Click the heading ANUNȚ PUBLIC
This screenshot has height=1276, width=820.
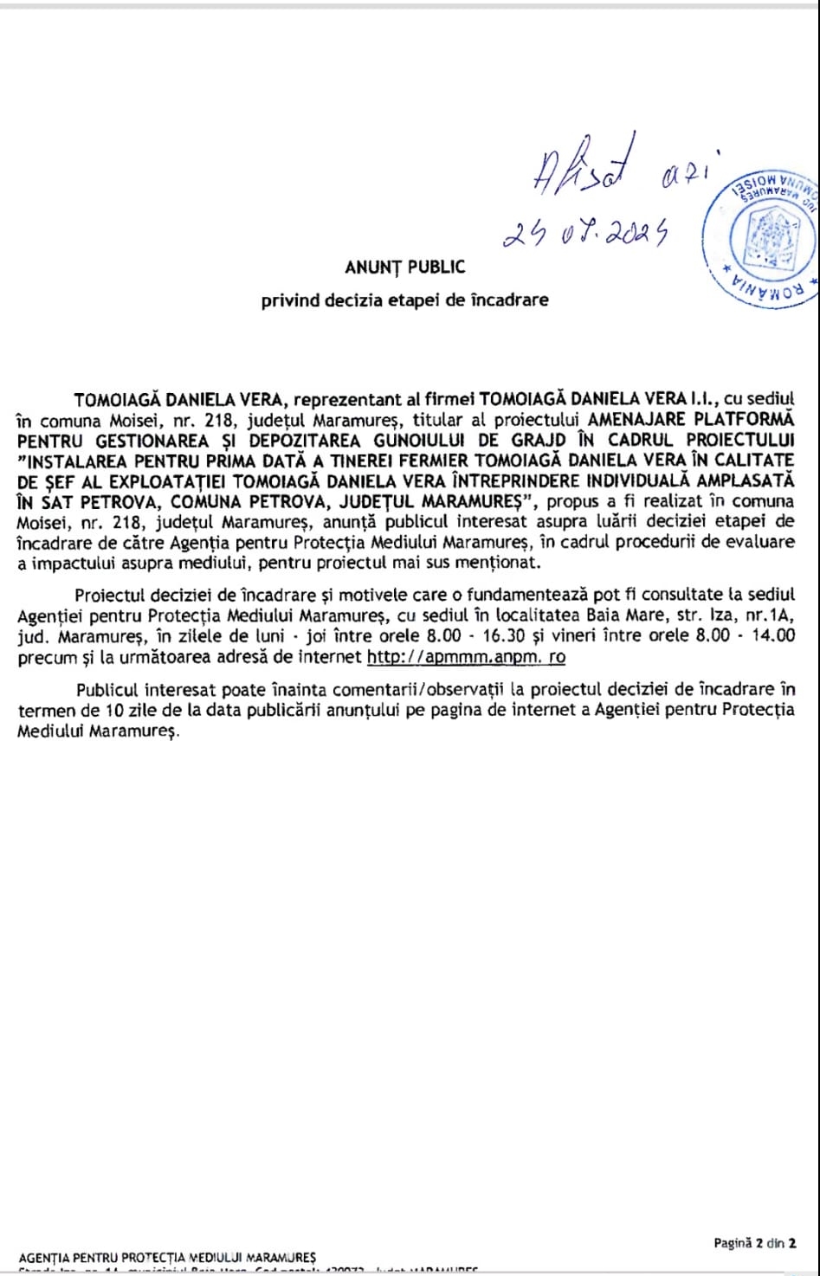pos(404,267)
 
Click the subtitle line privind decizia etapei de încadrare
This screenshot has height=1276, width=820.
pos(404,300)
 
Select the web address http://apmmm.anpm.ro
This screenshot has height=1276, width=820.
pos(466,656)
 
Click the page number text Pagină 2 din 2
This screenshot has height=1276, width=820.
pos(754,1243)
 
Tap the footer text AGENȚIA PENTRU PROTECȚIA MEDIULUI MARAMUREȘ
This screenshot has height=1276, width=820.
pos(167,1257)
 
